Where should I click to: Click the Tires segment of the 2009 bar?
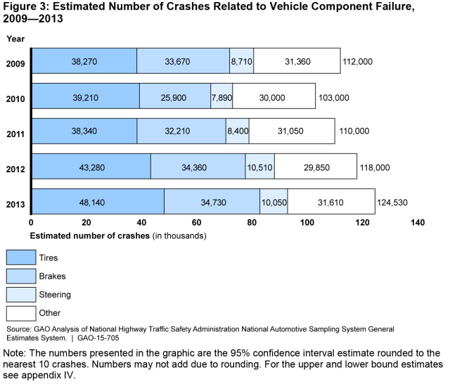pyautogui.click(x=84, y=61)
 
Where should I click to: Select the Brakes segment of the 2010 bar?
pyautogui.click(x=175, y=97)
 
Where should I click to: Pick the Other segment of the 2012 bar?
pyautogui.click(x=315, y=167)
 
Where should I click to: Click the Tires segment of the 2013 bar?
pyautogui.click(x=98, y=203)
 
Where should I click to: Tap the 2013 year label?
pyautogui.click(x=16, y=205)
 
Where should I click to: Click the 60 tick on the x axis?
pyautogui.click(x=197, y=222)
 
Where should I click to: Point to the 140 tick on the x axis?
pyautogui.click(x=418, y=222)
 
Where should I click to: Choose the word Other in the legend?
pyautogui.click(x=51, y=313)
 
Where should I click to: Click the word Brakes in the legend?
pyautogui.click(x=53, y=276)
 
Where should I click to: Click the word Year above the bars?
pyautogui.click(x=15, y=38)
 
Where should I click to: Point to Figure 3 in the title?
pyautogui.click(x=26, y=8)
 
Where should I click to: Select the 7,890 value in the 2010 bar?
pyautogui.click(x=221, y=97)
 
